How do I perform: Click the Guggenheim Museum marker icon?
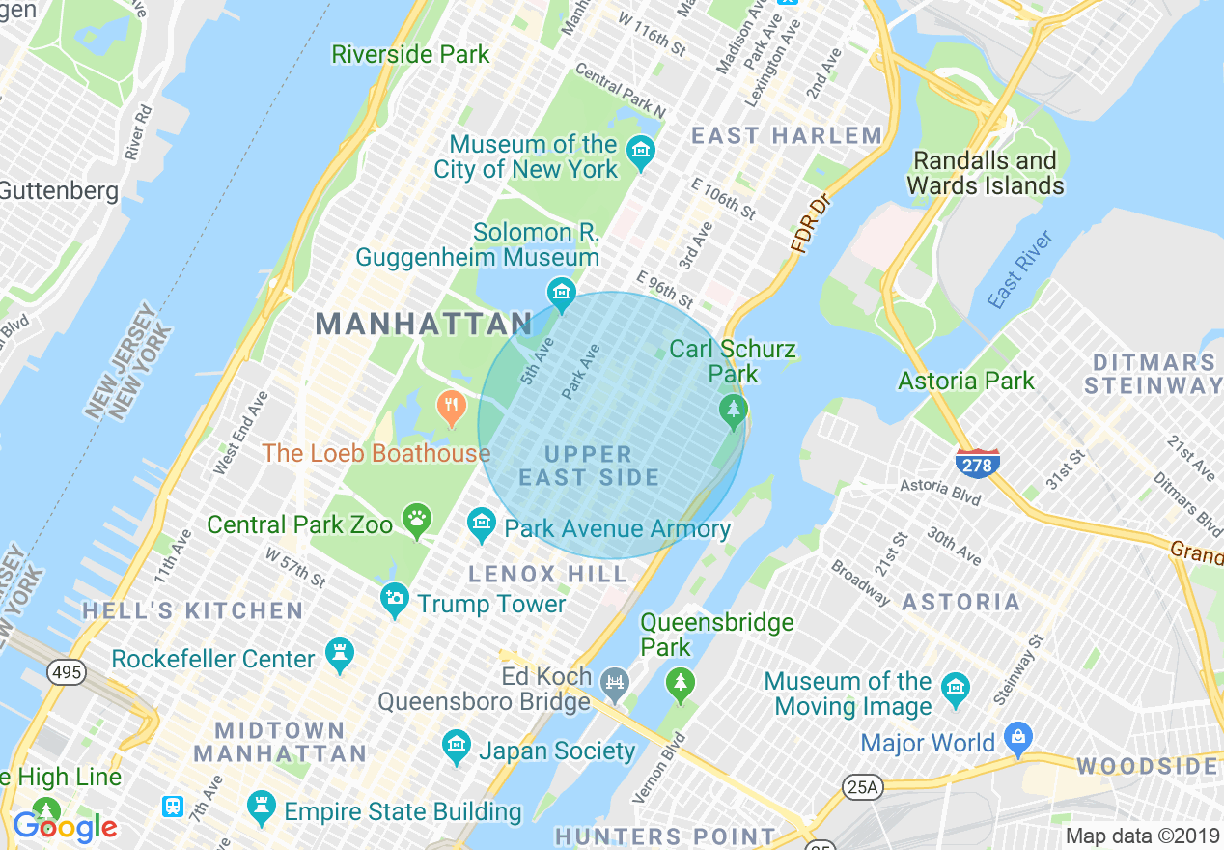(x=560, y=291)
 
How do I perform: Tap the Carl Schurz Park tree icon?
(x=734, y=412)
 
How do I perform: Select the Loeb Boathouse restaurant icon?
(x=451, y=409)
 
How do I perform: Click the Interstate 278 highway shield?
(x=977, y=463)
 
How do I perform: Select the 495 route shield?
(x=67, y=672)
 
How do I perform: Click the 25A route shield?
(x=861, y=787)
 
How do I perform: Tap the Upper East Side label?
(x=589, y=466)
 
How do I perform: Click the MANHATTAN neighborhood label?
(x=424, y=324)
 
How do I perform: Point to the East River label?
(x=1020, y=269)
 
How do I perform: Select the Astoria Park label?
(x=966, y=381)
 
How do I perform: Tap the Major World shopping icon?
(x=1016, y=741)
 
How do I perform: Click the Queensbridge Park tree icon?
(x=681, y=685)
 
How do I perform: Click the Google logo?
(x=65, y=827)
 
